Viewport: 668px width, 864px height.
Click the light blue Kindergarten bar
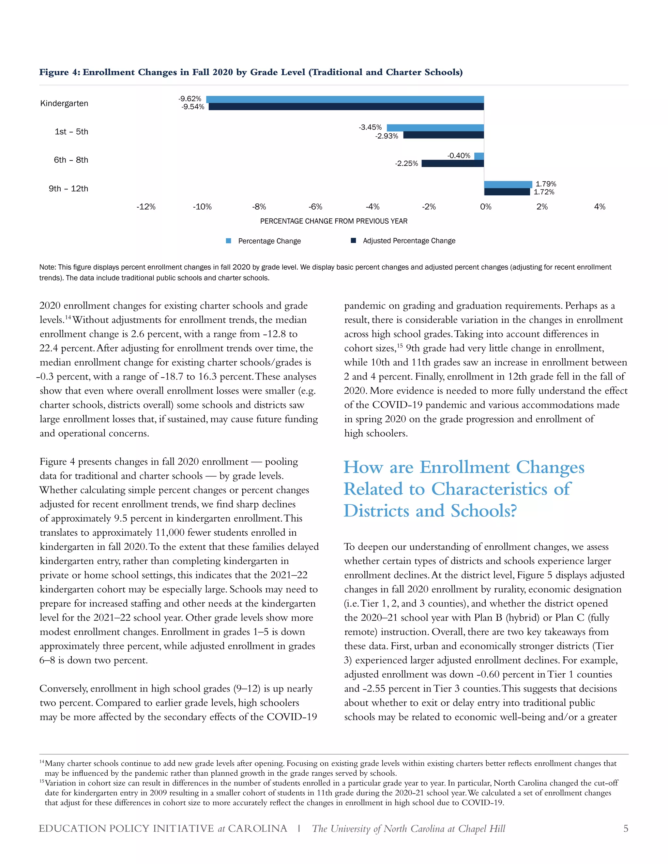(344, 99)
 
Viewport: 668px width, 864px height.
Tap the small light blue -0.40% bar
(479, 156)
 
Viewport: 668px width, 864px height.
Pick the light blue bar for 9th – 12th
(508, 184)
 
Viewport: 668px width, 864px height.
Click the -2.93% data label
(387, 136)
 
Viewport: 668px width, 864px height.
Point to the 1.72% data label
(544, 192)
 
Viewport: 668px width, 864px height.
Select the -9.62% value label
(190, 99)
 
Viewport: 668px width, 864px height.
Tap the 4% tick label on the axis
(599, 207)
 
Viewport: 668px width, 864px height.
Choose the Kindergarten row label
(64, 104)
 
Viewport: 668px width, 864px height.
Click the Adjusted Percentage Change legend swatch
(353, 241)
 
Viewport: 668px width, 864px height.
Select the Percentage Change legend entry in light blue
(269, 241)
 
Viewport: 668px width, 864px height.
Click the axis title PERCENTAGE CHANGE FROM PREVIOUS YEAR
(334, 221)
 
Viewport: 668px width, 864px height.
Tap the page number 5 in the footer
(625, 829)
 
